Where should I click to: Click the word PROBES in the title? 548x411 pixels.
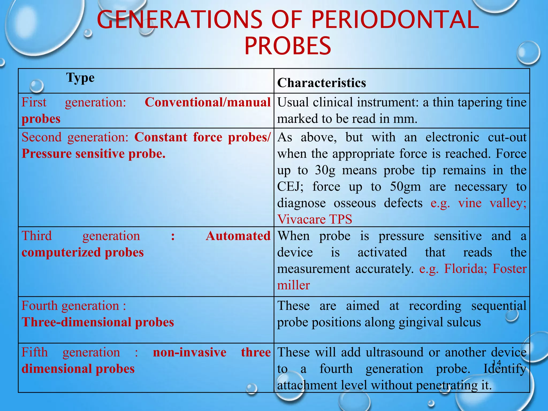coord(288,46)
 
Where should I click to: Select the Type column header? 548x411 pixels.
coord(80,78)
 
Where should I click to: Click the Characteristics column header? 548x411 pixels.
coord(321,83)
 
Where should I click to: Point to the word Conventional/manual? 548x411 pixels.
coord(208,102)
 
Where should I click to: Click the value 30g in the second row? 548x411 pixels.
coord(325,170)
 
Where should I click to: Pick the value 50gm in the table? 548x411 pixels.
coord(405,187)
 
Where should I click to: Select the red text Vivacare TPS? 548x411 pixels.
coord(314,219)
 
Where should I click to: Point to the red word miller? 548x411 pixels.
coord(293,285)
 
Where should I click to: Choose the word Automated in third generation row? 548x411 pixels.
coord(238,236)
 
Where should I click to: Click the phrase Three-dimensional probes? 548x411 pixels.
coord(98,322)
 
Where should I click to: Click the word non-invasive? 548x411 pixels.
coord(189,352)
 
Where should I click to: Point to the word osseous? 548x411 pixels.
coord(355,203)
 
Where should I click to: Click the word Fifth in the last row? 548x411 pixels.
coord(35,352)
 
